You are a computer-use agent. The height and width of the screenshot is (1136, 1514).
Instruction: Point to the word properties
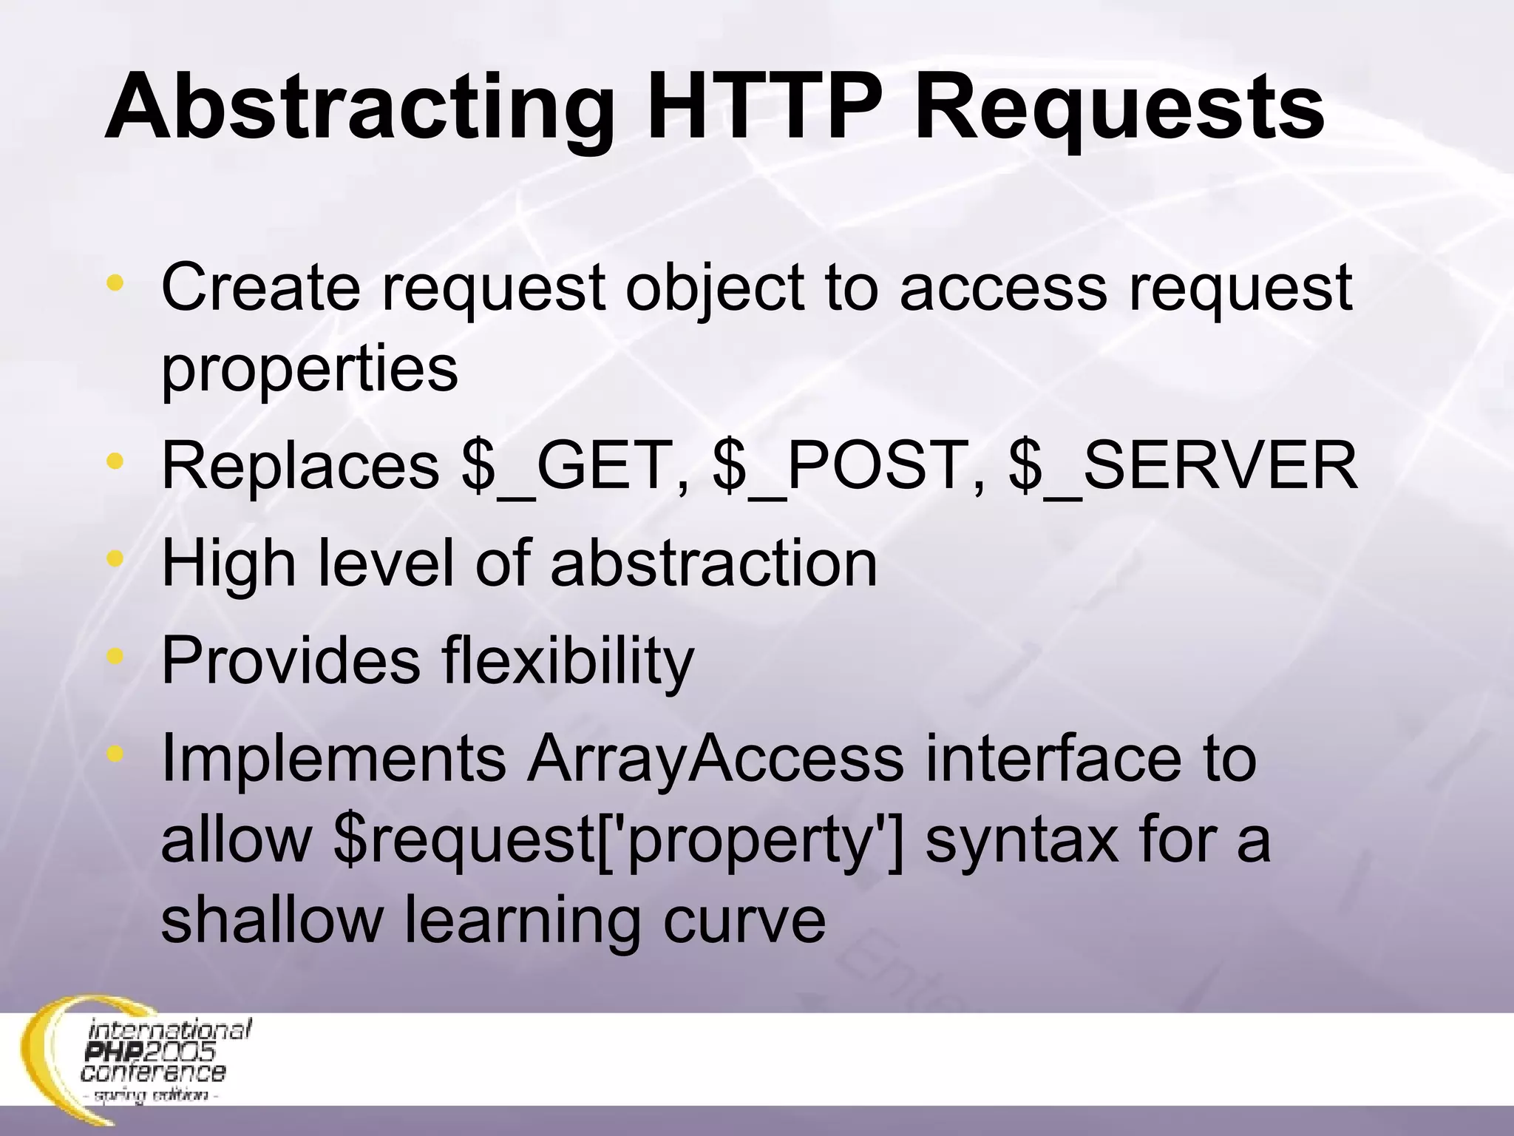click(310, 370)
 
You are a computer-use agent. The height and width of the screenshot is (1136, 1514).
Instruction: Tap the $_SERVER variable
click(1183, 466)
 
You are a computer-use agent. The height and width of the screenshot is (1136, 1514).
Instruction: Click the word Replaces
click(300, 466)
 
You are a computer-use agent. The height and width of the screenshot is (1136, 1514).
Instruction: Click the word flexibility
click(568, 660)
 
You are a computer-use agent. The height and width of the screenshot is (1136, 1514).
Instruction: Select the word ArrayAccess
click(714, 758)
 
